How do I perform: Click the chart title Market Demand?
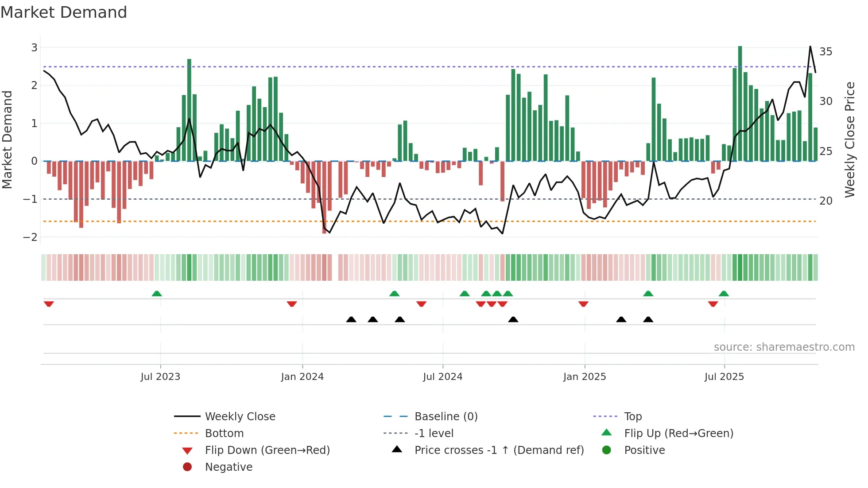(x=64, y=12)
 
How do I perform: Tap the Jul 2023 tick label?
(x=160, y=377)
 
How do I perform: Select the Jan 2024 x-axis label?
(x=302, y=377)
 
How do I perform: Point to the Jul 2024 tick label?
(x=442, y=377)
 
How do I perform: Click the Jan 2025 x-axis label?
(x=585, y=377)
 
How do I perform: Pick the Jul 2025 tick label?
(x=724, y=377)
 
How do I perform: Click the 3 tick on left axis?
(x=34, y=48)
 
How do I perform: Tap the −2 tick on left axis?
(x=31, y=237)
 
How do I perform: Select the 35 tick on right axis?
(x=825, y=52)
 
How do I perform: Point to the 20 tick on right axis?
(x=825, y=201)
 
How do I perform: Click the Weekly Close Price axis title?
(x=849, y=139)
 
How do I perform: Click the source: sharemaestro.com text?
(x=784, y=347)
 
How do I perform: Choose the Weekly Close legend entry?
(x=240, y=417)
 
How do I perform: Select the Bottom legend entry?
(x=224, y=434)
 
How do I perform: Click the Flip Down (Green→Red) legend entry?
(x=267, y=450)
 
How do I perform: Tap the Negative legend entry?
(x=229, y=467)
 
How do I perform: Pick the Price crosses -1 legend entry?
(x=499, y=450)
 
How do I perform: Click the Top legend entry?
(x=633, y=417)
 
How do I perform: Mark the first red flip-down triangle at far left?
(x=49, y=304)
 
